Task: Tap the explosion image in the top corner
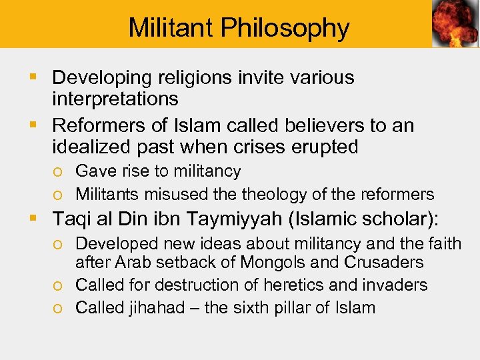pyautogui.click(x=455, y=24)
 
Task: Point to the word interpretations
pyautogui.click(x=115, y=99)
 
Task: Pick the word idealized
pyautogui.click(x=92, y=147)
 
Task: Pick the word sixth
pyautogui.click(x=243, y=308)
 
